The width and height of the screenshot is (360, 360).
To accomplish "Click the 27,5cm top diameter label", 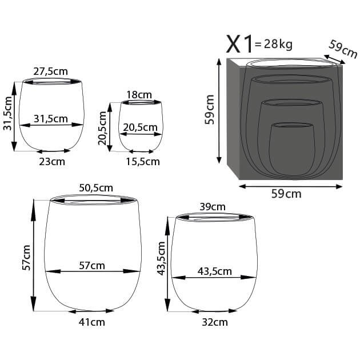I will tap(50, 71).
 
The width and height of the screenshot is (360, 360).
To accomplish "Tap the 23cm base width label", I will tap(52, 162).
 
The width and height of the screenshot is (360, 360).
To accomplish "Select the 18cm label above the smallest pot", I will tap(140, 94).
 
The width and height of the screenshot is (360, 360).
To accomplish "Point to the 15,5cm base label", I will tap(142, 162).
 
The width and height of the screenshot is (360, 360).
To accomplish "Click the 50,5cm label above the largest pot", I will tap(95, 187).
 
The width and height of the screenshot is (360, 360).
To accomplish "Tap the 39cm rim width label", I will tap(213, 206).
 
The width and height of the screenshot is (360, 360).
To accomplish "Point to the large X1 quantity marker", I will tap(239, 43).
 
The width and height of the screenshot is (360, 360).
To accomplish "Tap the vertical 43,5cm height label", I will tap(162, 258).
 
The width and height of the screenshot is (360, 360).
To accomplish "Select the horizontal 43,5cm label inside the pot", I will tap(214, 271).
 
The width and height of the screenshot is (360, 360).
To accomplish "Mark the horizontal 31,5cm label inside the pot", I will tap(50, 119).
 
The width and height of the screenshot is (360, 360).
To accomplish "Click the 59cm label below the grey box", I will tap(285, 194).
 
